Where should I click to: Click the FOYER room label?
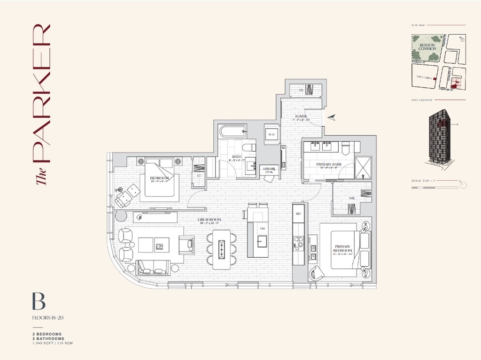(x=301, y=116)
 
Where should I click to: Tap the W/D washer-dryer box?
(x=271, y=134)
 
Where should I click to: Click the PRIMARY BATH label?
(x=328, y=164)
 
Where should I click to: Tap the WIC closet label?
(x=352, y=198)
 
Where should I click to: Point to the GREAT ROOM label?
(x=209, y=219)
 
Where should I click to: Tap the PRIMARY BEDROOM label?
(x=343, y=248)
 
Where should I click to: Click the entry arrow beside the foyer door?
(x=332, y=117)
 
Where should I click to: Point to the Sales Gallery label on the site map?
(x=422, y=79)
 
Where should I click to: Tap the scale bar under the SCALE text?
(x=434, y=187)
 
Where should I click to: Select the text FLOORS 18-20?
(x=47, y=318)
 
